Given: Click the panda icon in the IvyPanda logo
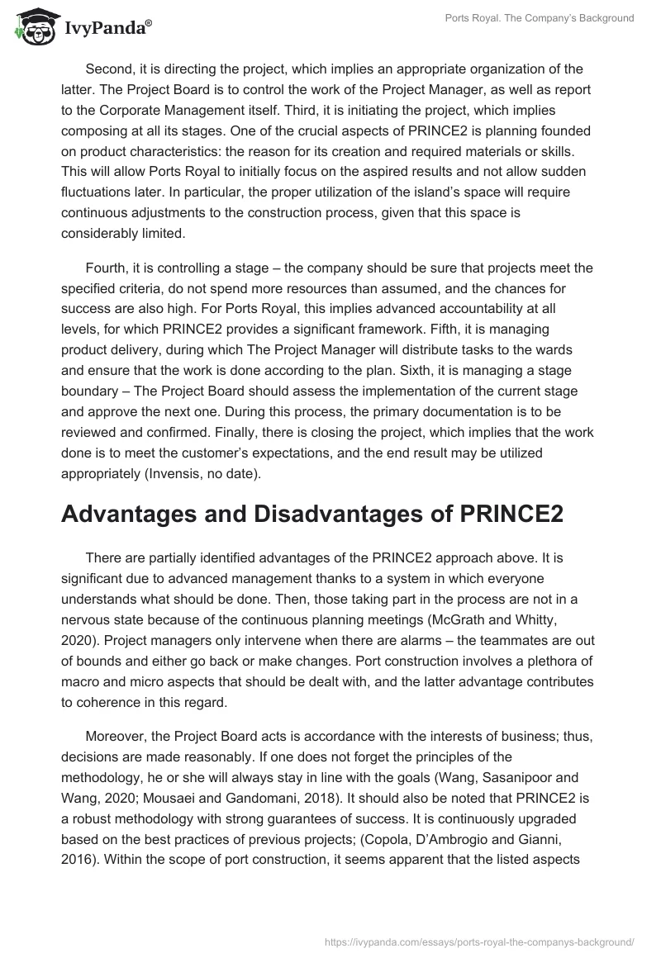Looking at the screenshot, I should (x=31, y=26).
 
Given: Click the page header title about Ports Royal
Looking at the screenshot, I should (x=540, y=18).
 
